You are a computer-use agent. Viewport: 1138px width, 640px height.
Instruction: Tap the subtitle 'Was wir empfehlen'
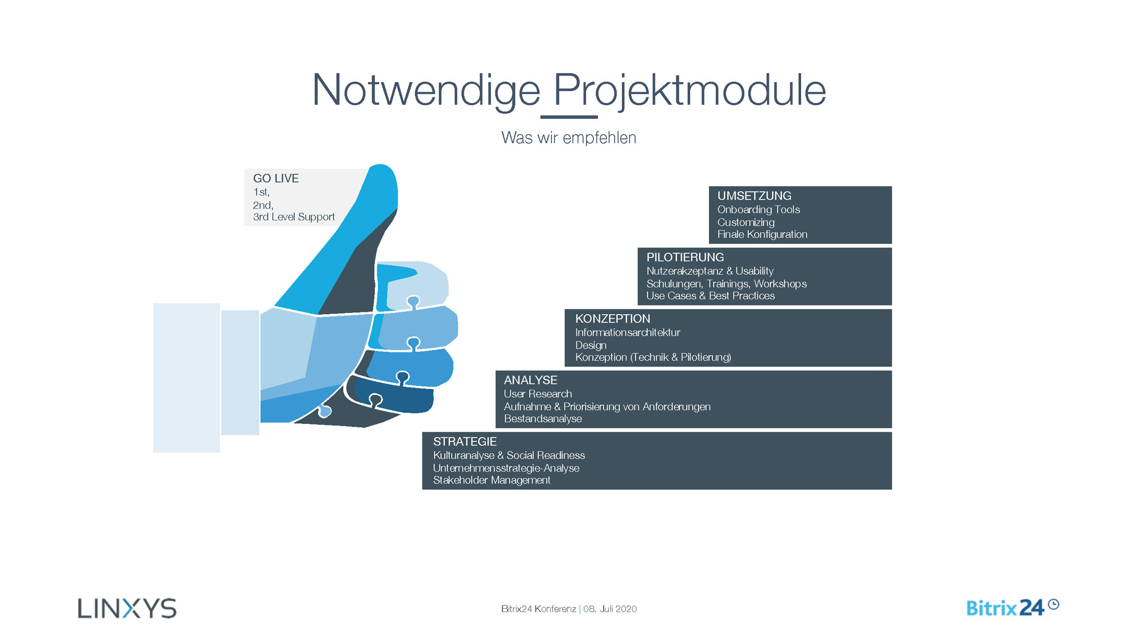(568, 138)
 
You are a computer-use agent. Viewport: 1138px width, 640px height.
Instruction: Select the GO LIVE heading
(276, 179)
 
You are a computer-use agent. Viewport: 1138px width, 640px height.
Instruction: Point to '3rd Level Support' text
(294, 217)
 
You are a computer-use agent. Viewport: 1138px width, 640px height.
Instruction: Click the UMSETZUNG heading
(754, 196)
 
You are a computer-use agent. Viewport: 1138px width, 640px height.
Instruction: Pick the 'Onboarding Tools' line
(758, 210)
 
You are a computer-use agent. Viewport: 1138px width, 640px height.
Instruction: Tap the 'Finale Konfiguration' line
(762, 234)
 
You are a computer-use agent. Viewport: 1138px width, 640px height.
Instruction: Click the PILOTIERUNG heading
(685, 257)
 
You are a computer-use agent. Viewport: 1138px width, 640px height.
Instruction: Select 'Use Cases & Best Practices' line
(711, 296)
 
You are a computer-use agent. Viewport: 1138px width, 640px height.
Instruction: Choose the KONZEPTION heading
(613, 319)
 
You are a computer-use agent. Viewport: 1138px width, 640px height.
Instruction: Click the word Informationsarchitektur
(628, 333)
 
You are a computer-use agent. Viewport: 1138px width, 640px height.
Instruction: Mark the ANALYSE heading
(530, 380)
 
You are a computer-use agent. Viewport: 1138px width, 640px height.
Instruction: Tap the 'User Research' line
(538, 394)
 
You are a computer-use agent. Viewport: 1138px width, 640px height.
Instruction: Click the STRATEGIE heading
(465, 441)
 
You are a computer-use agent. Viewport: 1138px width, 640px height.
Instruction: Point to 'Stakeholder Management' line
(492, 480)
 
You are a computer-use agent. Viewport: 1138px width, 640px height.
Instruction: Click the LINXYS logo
(127, 608)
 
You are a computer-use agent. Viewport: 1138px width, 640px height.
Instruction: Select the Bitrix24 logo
(1013, 608)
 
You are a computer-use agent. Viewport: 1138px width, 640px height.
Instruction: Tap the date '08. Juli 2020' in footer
(610, 609)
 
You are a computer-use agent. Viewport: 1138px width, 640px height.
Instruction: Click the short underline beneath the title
(569, 117)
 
